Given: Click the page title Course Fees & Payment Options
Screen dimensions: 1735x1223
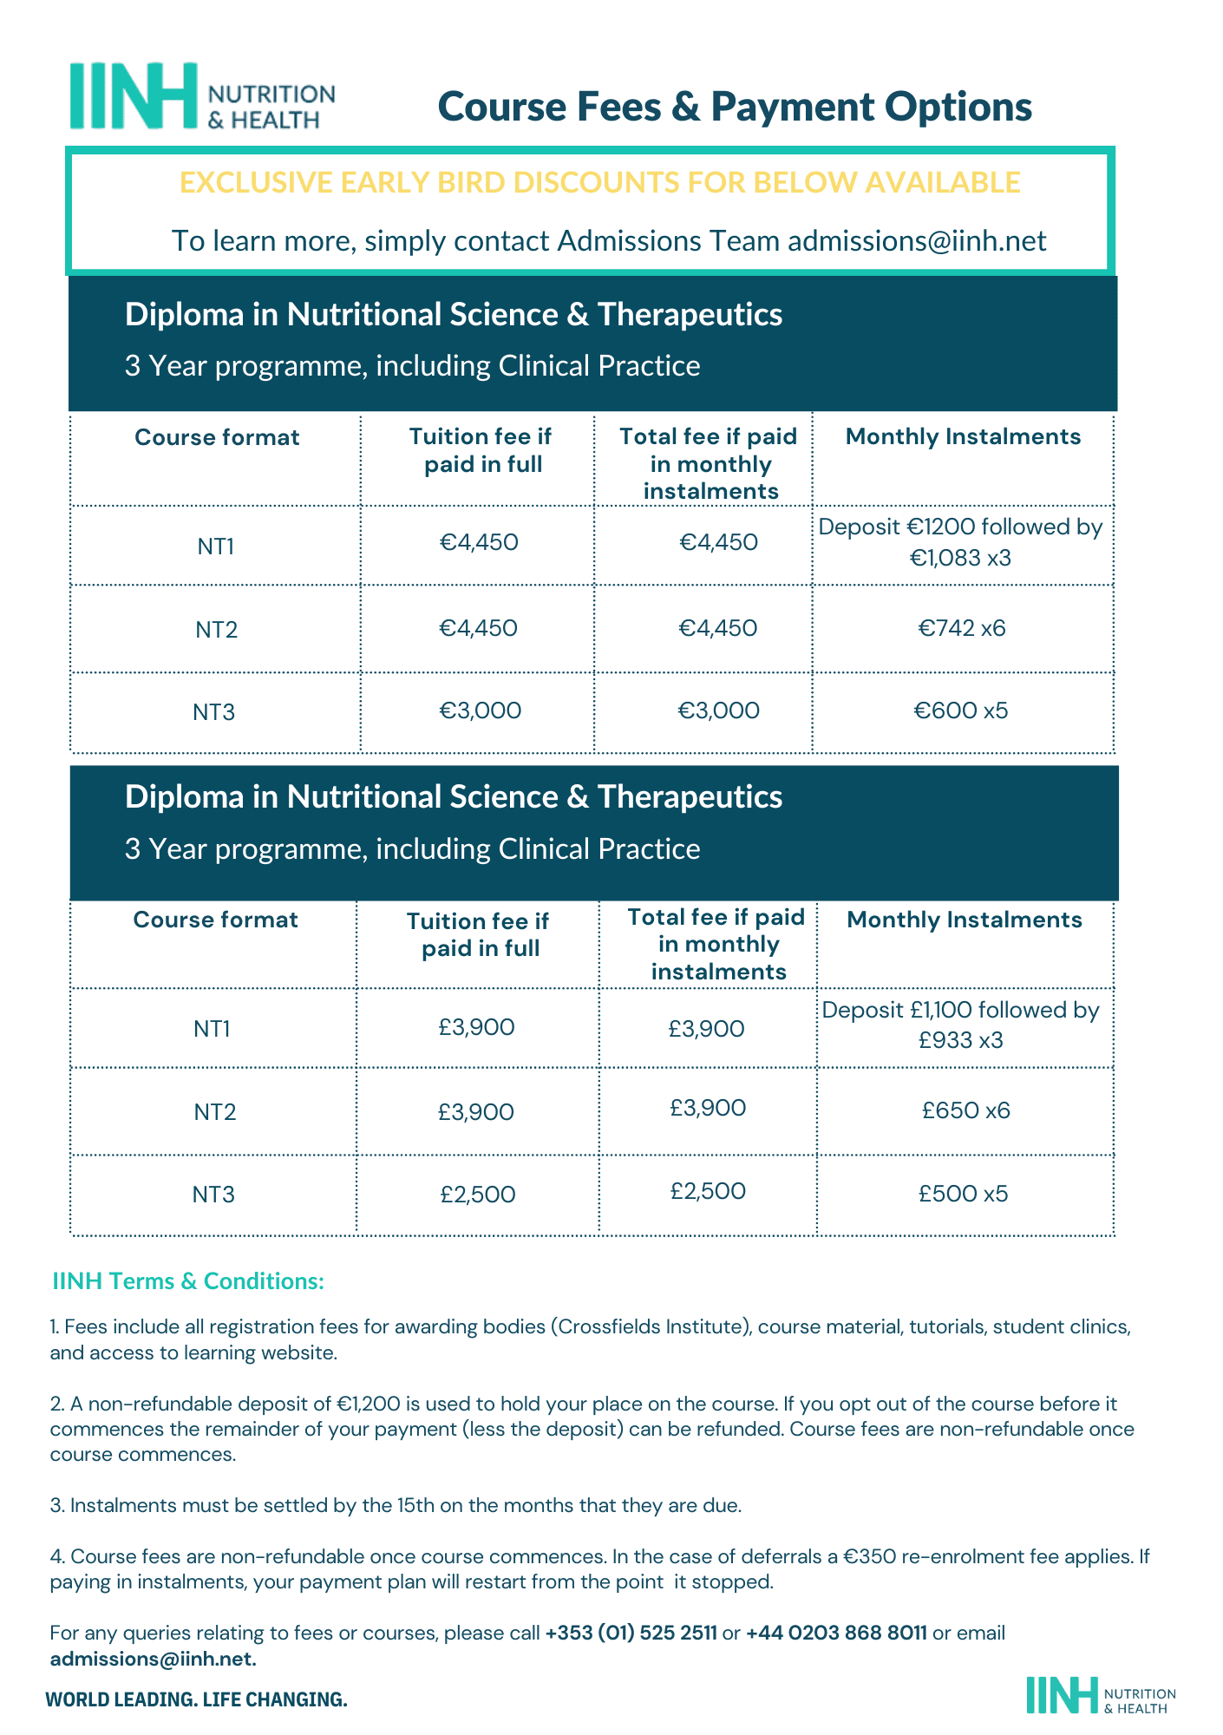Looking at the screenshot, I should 735,107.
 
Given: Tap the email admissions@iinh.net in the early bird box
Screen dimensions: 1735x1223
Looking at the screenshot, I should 917,240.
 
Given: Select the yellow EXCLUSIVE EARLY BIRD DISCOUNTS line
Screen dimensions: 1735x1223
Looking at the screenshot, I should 599,182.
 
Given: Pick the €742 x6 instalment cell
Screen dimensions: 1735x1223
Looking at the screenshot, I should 962,628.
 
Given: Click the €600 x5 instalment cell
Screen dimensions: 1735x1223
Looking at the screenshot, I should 961,711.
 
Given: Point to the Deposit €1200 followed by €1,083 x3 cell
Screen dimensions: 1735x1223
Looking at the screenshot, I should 961,542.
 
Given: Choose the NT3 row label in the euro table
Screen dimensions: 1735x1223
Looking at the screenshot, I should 213,713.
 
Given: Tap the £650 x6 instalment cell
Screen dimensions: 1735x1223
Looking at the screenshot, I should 965,1110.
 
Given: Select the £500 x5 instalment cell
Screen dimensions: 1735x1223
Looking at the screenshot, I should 964,1194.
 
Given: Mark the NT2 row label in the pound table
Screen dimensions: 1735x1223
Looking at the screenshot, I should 214,1112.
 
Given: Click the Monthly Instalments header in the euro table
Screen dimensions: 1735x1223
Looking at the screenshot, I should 963,436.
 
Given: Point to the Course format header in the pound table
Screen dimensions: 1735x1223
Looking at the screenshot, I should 215,920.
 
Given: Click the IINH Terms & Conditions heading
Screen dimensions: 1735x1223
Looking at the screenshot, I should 188,1280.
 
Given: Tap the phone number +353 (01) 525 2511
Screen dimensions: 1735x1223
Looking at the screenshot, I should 631,1633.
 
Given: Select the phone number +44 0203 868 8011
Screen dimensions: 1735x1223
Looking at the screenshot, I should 836,1633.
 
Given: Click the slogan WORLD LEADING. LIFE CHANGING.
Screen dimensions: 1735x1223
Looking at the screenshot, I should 196,1699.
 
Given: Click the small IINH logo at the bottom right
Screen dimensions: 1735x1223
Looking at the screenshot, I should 1100,1694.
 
